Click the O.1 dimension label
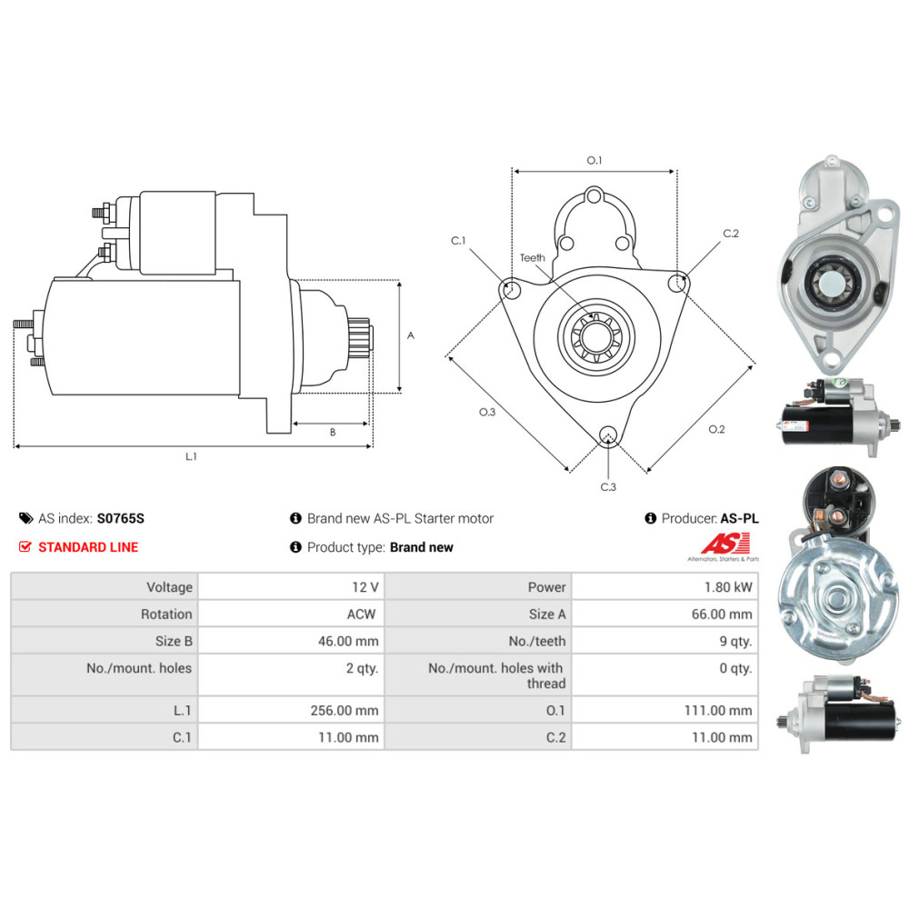pyautogui.click(x=594, y=160)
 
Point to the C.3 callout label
pyautogui.click(x=608, y=487)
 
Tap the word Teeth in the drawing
pyautogui.click(x=532, y=257)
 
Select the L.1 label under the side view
pyautogui.click(x=191, y=457)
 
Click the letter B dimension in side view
pyautogui.click(x=333, y=432)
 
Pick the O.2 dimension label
pyautogui.click(x=716, y=429)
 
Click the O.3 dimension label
pyautogui.click(x=487, y=412)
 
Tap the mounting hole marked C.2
pyautogui.click(x=677, y=283)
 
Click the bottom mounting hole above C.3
pyautogui.click(x=607, y=435)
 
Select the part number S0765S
pyautogui.click(x=121, y=518)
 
